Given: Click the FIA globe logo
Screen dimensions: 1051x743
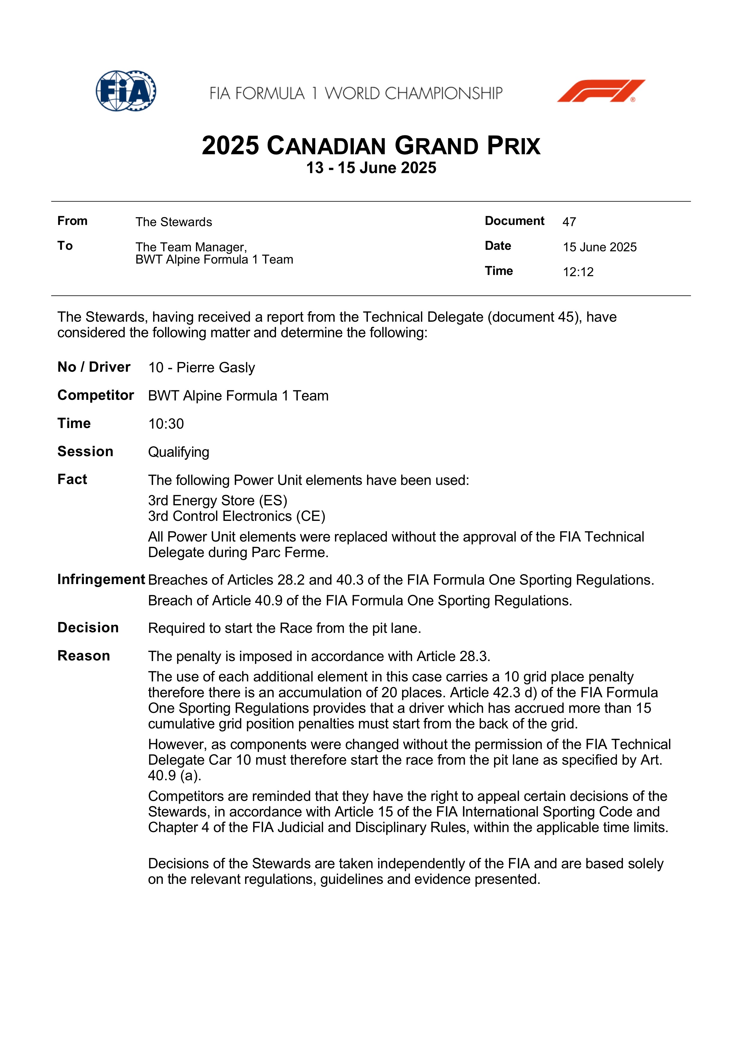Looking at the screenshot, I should tap(126, 91).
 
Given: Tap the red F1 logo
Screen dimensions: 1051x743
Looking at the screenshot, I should tap(601, 91).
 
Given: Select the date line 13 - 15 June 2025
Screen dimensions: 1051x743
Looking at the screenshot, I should tap(371, 168).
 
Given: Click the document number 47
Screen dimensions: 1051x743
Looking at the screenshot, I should tap(569, 222).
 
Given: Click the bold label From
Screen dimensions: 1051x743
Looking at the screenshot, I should tap(72, 221).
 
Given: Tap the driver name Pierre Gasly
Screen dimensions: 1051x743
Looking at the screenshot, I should tap(216, 368).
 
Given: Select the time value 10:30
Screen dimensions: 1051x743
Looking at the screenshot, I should tap(166, 424).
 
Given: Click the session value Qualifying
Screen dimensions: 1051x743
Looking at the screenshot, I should tap(179, 452).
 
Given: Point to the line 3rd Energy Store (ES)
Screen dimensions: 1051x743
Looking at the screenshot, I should tap(218, 500).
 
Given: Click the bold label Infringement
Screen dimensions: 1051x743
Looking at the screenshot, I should tap(101, 580).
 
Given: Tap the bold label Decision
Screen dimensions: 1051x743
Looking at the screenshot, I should tap(88, 627).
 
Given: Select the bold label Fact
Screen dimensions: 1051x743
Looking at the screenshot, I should tap(72, 479).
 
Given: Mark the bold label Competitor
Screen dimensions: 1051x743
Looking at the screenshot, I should tap(95, 395).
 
